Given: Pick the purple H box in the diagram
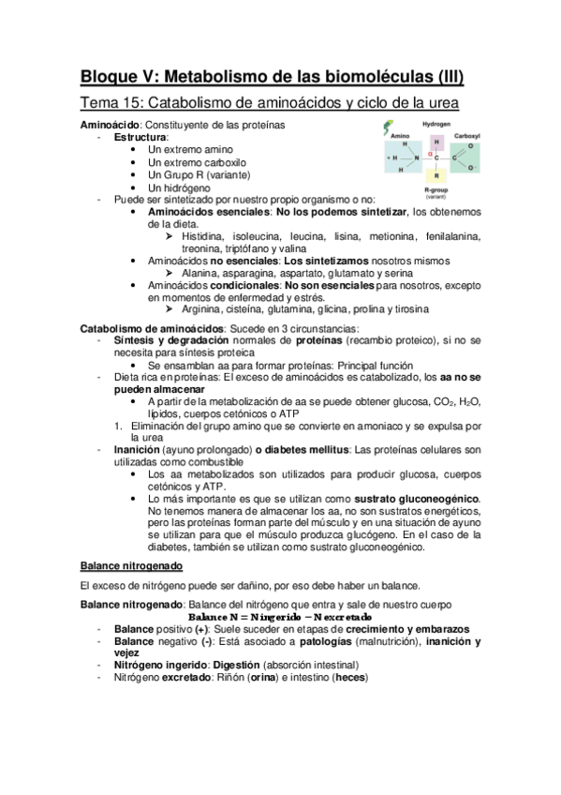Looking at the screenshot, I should pyautogui.click(x=436, y=142).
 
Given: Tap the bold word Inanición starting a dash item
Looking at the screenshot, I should pyautogui.click(x=140, y=449).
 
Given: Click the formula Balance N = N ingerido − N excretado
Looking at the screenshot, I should pyautogui.click(x=281, y=617).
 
